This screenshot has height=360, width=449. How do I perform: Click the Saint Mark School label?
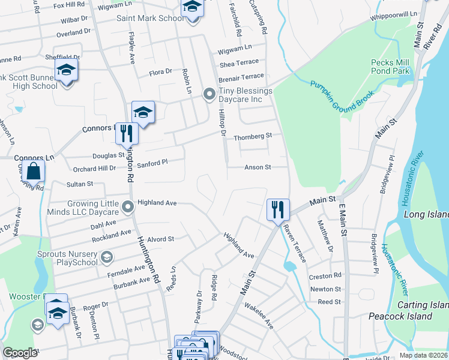[x=149, y=19]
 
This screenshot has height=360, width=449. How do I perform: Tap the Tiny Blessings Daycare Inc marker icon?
[x=209, y=93]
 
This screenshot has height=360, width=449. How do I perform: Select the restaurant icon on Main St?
[x=278, y=210]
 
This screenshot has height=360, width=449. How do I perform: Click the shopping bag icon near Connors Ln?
[x=35, y=171]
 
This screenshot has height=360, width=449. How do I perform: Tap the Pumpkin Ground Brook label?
[x=342, y=94]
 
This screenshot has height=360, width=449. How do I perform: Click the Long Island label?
[x=426, y=214]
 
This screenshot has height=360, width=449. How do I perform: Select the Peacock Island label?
[x=400, y=316]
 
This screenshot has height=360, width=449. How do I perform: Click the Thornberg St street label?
[x=253, y=136]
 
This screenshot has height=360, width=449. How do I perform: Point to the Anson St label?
[x=258, y=167]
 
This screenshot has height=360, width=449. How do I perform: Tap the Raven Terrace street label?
[x=295, y=243]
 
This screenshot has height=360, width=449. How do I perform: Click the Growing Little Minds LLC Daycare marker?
[x=127, y=207]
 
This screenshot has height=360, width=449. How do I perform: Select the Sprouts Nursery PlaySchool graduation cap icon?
[x=107, y=258]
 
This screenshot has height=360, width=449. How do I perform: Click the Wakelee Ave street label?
[x=259, y=316]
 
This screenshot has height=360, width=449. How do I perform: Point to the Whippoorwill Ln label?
[x=394, y=14]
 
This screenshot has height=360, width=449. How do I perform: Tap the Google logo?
[x=20, y=352]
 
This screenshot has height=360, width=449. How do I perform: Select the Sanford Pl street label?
[x=151, y=163]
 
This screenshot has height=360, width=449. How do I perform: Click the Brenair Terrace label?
[x=241, y=77]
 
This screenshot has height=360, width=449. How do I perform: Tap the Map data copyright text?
[x=423, y=355]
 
